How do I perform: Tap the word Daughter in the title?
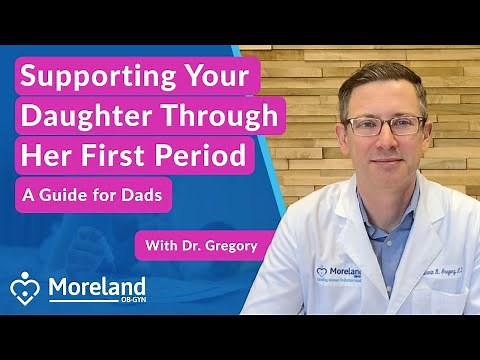click(81, 117)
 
